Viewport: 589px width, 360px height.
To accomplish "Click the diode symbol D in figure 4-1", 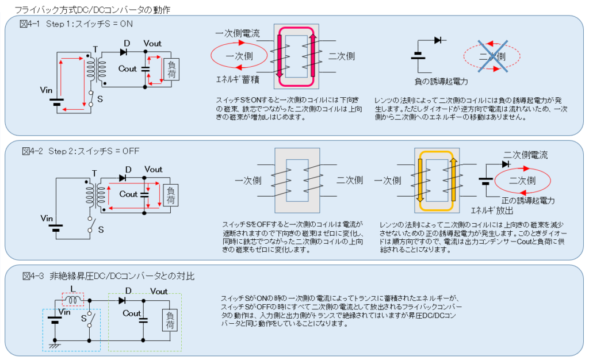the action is click(x=123, y=52).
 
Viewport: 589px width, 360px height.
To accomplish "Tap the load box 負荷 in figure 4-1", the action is click(x=171, y=70).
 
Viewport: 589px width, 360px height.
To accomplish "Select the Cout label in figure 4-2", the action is click(x=128, y=194).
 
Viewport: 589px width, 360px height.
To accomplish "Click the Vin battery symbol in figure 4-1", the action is click(x=57, y=102).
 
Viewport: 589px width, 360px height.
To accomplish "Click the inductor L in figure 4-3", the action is click(x=73, y=300).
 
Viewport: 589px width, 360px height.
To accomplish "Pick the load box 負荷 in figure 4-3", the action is click(x=170, y=320).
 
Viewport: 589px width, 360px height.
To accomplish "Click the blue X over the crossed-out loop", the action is click(x=492, y=56).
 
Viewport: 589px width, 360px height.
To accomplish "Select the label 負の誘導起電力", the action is click(x=441, y=82).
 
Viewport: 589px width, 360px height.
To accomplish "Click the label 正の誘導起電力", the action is click(x=528, y=201).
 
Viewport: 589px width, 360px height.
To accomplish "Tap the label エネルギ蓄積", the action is click(x=238, y=79).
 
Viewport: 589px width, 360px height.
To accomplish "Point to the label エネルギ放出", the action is click(x=492, y=210).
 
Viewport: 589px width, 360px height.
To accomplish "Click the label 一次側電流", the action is click(x=238, y=33).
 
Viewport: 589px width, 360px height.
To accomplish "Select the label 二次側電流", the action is click(x=526, y=155).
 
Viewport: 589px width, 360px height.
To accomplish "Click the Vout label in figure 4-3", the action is click(x=159, y=292).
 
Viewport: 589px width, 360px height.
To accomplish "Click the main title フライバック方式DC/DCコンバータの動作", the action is click(x=93, y=10).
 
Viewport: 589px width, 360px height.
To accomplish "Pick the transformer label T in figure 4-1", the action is click(x=95, y=49).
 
